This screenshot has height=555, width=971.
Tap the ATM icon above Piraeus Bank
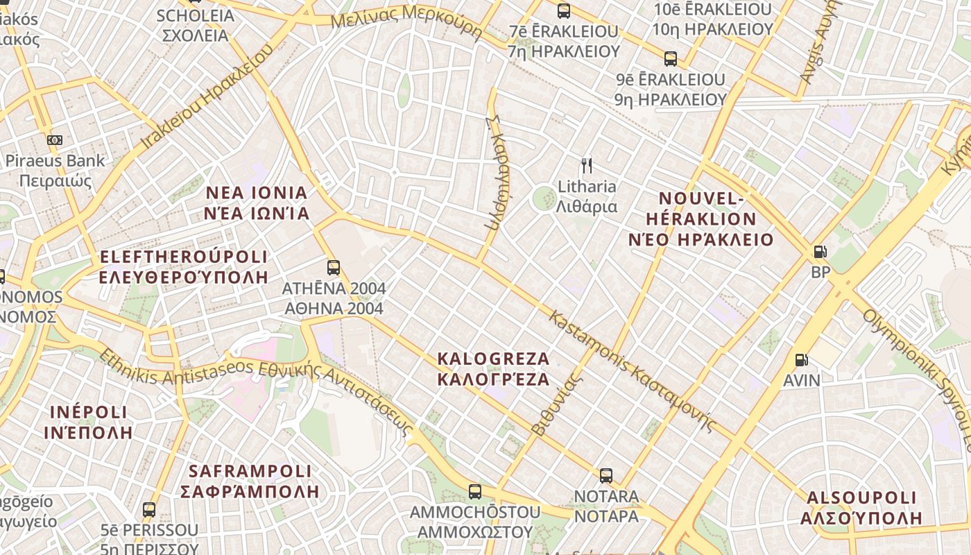pyautogui.click(x=55, y=140)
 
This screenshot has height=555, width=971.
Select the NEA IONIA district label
pyautogui.click(x=257, y=203)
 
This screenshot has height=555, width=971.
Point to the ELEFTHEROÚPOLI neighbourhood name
pyautogui.click(x=184, y=267)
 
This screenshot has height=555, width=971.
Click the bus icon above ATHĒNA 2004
pyautogui.click(x=334, y=267)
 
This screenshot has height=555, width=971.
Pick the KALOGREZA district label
pyautogui.click(x=493, y=369)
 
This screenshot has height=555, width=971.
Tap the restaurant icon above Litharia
pyautogui.click(x=587, y=165)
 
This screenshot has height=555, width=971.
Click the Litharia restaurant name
pyautogui.click(x=587, y=196)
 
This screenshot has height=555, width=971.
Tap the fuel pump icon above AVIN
pyautogui.click(x=801, y=359)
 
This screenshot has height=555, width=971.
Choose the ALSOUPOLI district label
pyautogui.click(x=861, y=508)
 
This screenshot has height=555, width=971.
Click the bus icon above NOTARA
pyautogui.click(x=606, y=476)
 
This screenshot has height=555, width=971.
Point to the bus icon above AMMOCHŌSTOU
pyautogui.click(x=475, y=492)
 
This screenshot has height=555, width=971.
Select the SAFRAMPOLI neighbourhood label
pyautogui.click(x=250, y=481)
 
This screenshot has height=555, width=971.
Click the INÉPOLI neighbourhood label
pyautogui.click(x=88, y=422)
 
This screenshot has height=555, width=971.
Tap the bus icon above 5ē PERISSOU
pyautogui.click(x=149, y=510)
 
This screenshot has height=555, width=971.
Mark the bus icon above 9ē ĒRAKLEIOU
pyautogui.click(x=670, y=59)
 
